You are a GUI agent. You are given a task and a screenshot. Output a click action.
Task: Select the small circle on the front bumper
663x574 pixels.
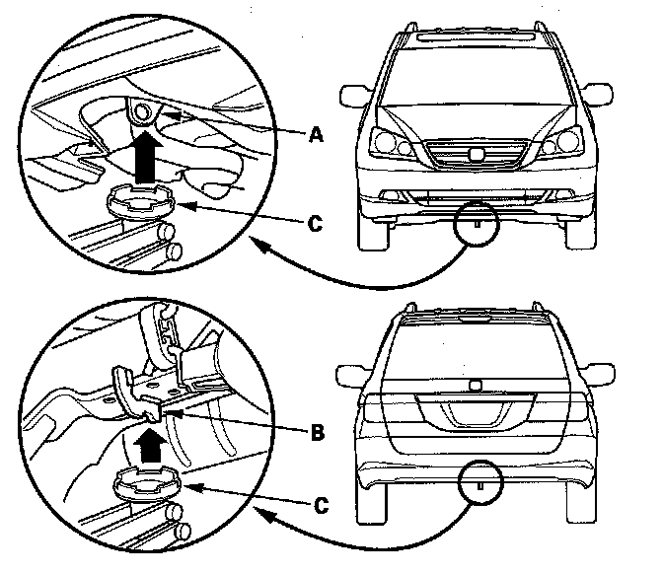[x=476, y=222]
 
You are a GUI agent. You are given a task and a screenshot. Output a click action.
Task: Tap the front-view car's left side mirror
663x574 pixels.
[x=354, y=97]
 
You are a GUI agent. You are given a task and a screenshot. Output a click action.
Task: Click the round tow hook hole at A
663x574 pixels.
[x=144, y=113]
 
